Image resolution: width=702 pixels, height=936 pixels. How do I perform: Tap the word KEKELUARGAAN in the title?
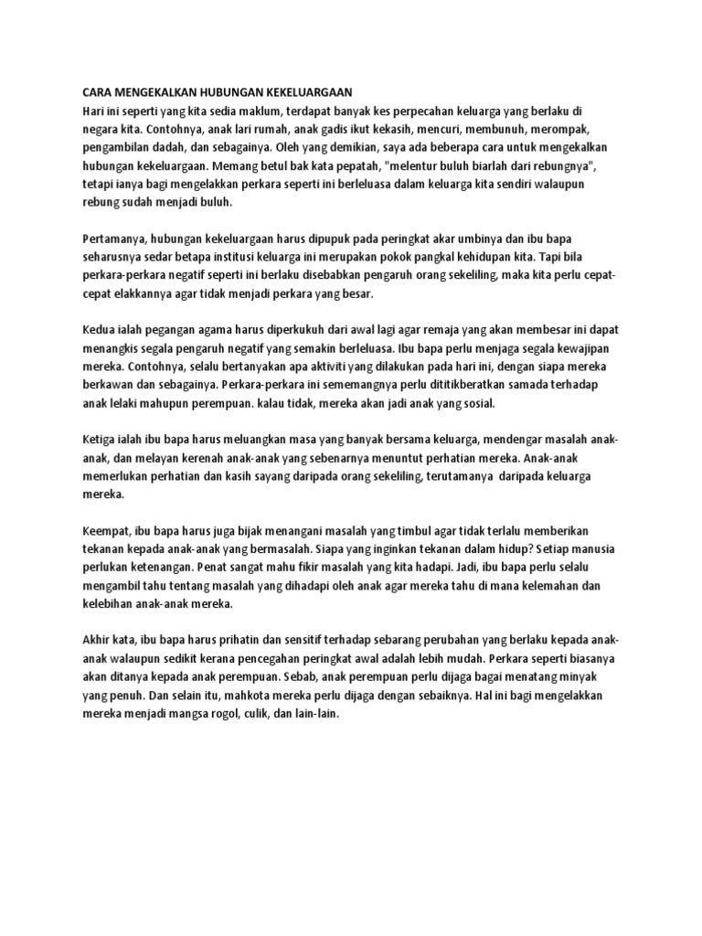[307, 93]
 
